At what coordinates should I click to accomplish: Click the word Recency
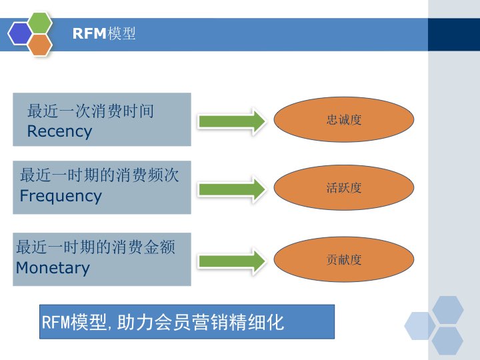[x=59, y=131]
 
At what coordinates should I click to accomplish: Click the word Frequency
[x=61, y=196]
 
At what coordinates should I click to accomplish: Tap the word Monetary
[x=53, y=268]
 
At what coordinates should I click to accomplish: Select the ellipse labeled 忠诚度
[x=344, y=120]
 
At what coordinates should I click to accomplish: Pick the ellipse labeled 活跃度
[x=344, y=187]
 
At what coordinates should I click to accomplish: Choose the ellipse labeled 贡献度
[x=344, y=259]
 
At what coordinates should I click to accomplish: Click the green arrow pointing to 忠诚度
[x=231, y=121]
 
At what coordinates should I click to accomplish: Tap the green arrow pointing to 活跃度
[x=231, y=188]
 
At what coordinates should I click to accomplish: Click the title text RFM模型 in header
[x=104, y=34]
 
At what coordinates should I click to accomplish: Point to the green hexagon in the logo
[x=40, y=23]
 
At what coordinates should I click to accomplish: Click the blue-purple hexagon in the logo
[x=20, y=33]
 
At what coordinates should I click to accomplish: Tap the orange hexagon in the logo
[x=40, y=44]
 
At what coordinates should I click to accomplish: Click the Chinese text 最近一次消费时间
[x=90, y=111]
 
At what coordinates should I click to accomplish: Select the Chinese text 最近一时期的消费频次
[x=99, y=175]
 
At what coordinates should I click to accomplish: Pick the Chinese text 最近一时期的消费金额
[x=95, y=247]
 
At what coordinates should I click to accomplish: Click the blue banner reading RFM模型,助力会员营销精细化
[x=187, y=322]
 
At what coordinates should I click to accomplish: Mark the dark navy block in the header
[x=453, y=34]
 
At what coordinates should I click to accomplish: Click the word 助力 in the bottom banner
[x=129, y=323]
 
